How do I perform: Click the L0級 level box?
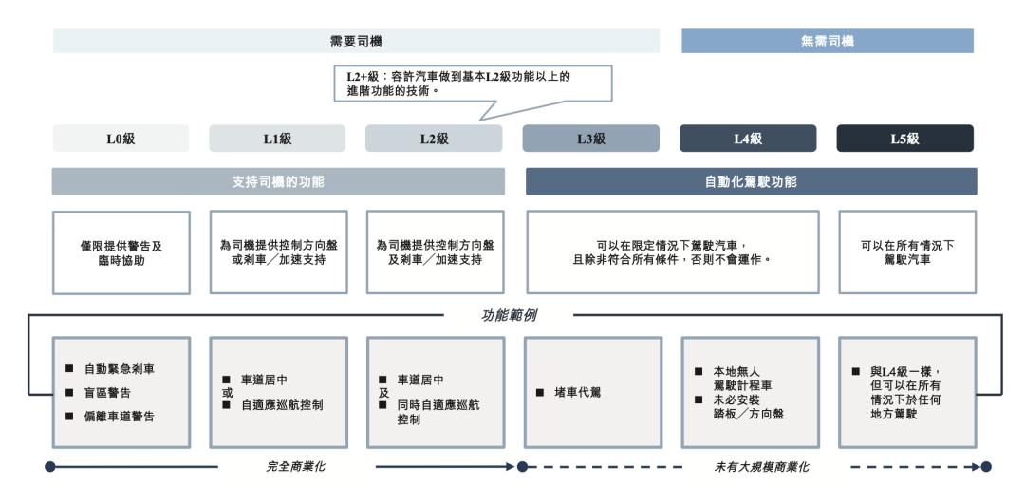click(121, 139)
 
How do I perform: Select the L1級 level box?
click(277, 139)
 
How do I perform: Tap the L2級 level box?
click(434, 139)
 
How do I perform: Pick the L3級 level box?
click(591, 139)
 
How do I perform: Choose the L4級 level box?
click(748, 139)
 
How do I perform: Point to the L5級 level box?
click(904, 139)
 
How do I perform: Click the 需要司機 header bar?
click(356, 41)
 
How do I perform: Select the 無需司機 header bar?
click(828, 41)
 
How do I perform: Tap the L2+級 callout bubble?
click(473, 83)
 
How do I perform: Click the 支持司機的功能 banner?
click(278, 181)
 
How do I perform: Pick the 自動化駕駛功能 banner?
click(751, 181)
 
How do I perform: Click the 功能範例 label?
click(510, 315)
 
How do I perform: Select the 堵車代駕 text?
click(577, 393)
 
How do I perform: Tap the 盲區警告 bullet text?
click(107, 393)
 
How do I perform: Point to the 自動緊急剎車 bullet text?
click(119, 369)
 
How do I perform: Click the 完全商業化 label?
click(295, 467)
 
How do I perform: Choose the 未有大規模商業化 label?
click(761, 467)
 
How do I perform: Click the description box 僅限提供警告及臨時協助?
click(121, 252)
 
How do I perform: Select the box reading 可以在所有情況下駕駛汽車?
click(907, 252)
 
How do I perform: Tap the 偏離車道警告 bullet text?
click(119, 417)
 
